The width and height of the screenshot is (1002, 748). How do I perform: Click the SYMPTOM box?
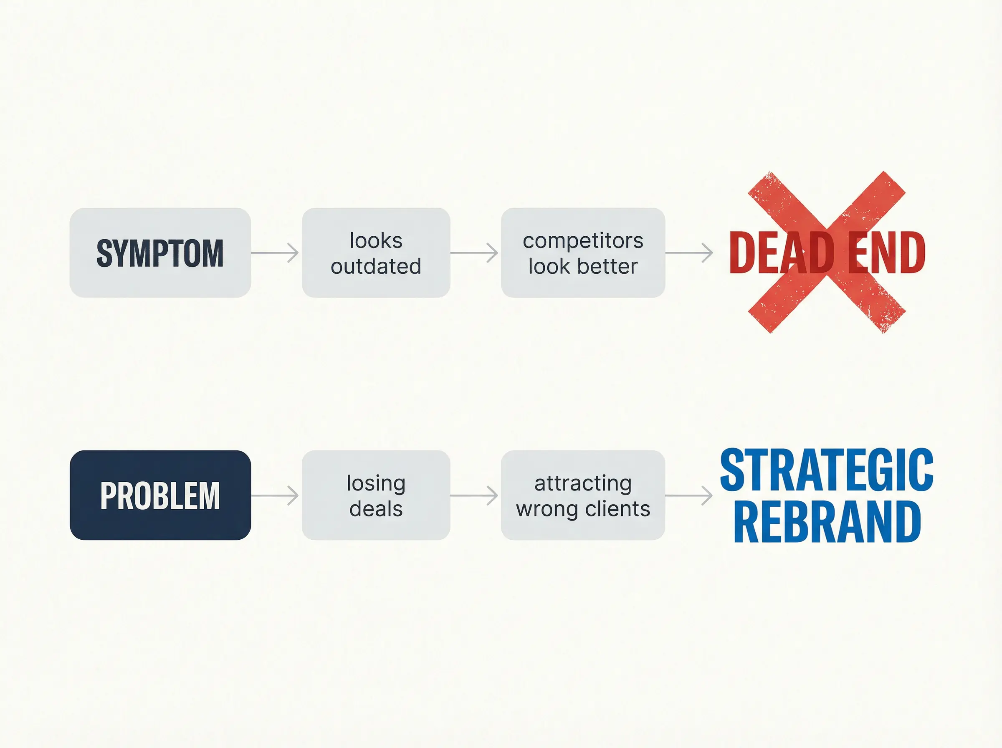pos(160,253)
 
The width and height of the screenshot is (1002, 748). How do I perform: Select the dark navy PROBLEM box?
pos(160,495)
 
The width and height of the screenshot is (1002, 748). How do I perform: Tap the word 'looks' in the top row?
pos(376,240)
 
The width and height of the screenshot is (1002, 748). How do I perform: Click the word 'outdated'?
pos(376,266)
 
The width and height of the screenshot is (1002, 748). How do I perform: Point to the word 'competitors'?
pos(583,240)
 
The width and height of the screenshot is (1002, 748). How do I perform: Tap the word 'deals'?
pos(376,508)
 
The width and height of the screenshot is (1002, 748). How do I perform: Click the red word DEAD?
pos(782,253)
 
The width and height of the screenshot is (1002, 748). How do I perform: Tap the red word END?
pos(886,253)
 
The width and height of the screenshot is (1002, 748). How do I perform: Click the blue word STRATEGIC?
pos(826,470)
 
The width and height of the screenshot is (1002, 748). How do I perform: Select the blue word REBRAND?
pos(827,521)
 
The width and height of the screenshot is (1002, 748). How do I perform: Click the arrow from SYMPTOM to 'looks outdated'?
pos(275,253)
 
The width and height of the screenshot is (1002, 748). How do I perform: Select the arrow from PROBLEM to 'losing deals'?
pos(275,495)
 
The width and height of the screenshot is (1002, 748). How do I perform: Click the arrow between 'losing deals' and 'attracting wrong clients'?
pos(474,495)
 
